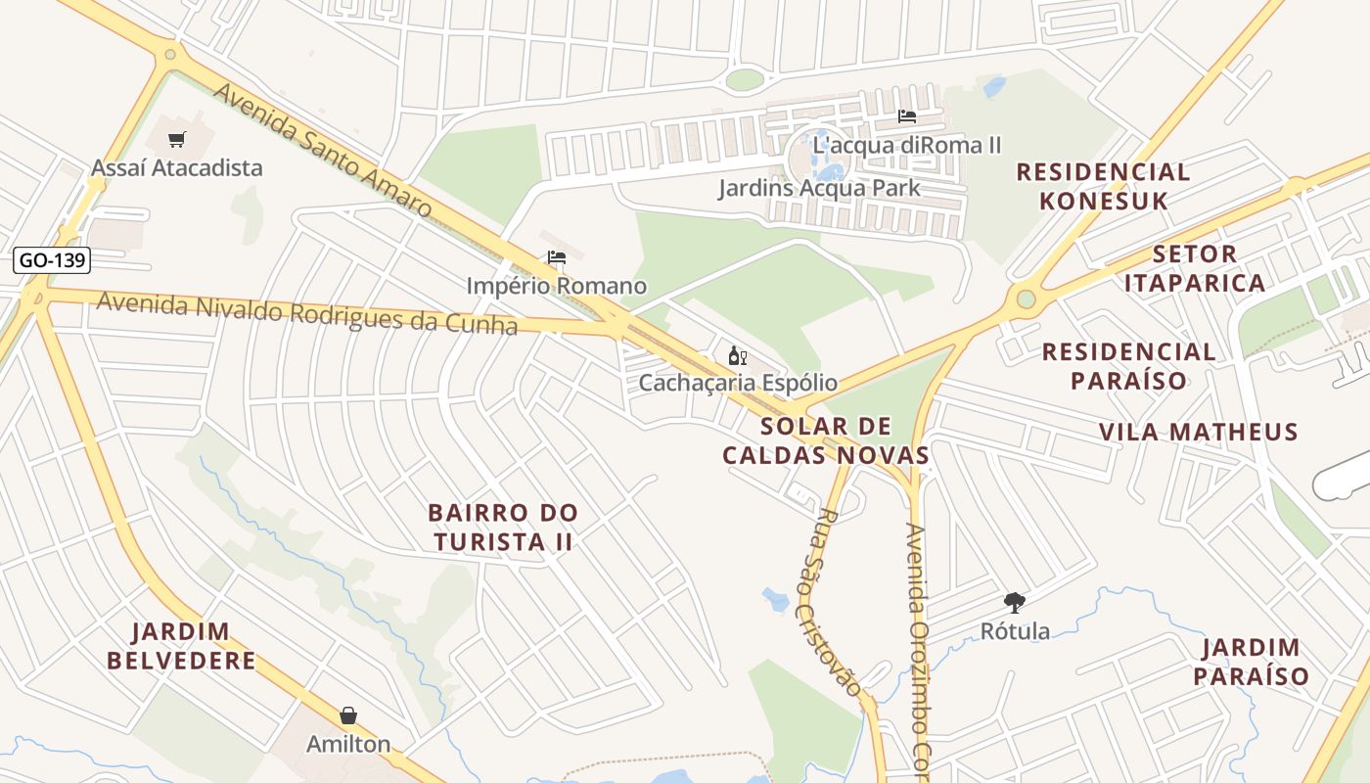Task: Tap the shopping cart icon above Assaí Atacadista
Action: click(x=176, y=140)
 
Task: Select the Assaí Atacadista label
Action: click(x=177, y=167)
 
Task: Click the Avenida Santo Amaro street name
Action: click(x=322, y=150)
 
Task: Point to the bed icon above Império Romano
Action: click(x=557, y=258)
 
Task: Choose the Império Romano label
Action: click(x=557, y=286)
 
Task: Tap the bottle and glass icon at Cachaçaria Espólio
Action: click(x=737, y=355)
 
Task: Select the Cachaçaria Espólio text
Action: click(x=738, y=382)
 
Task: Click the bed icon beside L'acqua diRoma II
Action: click(x=907, y=117)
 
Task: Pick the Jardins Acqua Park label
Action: click(x=819, y=187)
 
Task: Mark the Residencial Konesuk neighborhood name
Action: click(x=1103, y=186)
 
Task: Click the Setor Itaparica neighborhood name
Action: click(x=1195, y=268)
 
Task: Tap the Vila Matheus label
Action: click(x=1198, y=432)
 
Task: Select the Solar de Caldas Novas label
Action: click(x=826, y=440)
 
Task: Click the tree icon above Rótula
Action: click(x=1015, y=603)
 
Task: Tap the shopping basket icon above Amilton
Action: click(x=348, y=716)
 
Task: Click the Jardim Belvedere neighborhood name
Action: click(x=181, y=646)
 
